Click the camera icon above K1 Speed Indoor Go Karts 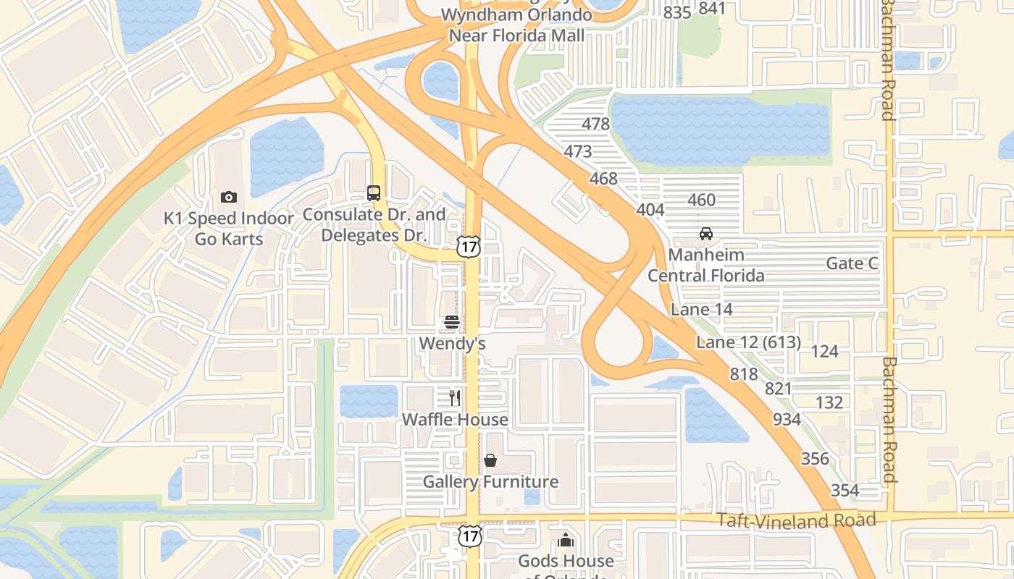pyautogui.click(x=228, y=197)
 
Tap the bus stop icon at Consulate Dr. pyautogui.click(x=374, y=193)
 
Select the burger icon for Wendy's pyautogui.click(x=452, y=322)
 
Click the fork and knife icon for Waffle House pyautogui.click(x=455, y=398)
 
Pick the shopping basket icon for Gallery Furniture pyautogui.click(x=490, y=460)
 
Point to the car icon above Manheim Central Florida pyautogui.click(x=705, y=234)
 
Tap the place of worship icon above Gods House pyautogui.click(x=566, y=540)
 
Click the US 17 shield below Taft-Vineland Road pyautogui.click(x=469, y=536)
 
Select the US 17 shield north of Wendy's pyautogui.click(x=469, y=247)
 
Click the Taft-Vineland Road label pyautogui.click(x=796, y=520)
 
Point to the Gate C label pyautogui.click(x=852, y=263)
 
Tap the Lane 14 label pyautogui.click(x=702, y=310)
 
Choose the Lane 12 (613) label pyautogui.click(x=748, y=342)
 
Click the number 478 pyautogui.click(x=595, y=124)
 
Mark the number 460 pyautogui.click(x=701, y=200)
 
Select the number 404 pyautogui.click(x=650, y=210)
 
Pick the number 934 pyautogui.click(x=787, y=420)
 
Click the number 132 pyautogui.click(x=829, y=403)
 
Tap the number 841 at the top pyautogui.click(x=712, y=9)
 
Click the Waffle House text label pyautogui.click(x=455, y=420)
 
